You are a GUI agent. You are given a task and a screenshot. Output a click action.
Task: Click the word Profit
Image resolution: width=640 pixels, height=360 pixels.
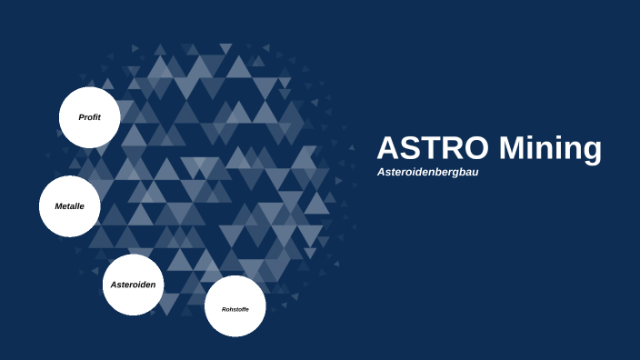(x=89, y=117)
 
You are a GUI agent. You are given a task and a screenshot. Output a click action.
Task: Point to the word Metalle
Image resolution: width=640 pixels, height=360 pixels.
(x=69, y=206)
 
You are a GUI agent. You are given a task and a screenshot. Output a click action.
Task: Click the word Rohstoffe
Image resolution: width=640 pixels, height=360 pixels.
(x=235, y=309)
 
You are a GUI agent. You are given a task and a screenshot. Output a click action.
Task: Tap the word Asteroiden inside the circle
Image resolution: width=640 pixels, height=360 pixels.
(x=133, y=285)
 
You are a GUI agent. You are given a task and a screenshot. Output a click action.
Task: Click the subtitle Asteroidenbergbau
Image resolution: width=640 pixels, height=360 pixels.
(x=427, y=172)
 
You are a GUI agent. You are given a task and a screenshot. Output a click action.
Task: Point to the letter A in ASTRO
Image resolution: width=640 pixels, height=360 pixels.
(x=388, y=148)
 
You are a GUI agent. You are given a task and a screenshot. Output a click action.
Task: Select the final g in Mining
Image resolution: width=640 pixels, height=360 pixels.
(x=591, y=152)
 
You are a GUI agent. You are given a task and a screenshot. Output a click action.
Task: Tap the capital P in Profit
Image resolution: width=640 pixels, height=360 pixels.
(x=81, y=117)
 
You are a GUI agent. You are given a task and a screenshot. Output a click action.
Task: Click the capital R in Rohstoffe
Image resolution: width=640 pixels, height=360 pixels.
(x=224, y=309)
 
